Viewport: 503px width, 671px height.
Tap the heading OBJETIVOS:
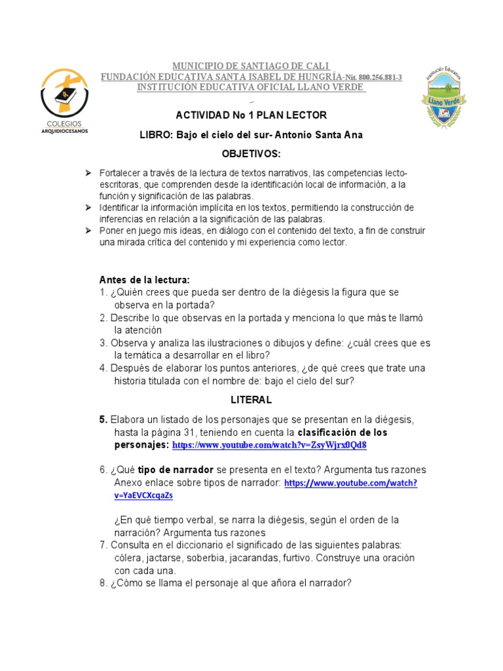(x=251, y=153)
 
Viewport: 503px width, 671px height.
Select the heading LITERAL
(x=251, y=399)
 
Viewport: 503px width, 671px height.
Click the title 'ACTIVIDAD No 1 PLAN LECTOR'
(x=251, y=115)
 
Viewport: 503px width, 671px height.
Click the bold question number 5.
(x=103, y=419)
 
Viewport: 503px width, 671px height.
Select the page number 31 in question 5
(x=194, y=432)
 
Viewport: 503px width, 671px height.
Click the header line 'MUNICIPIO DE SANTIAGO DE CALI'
(x=251, y=67)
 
